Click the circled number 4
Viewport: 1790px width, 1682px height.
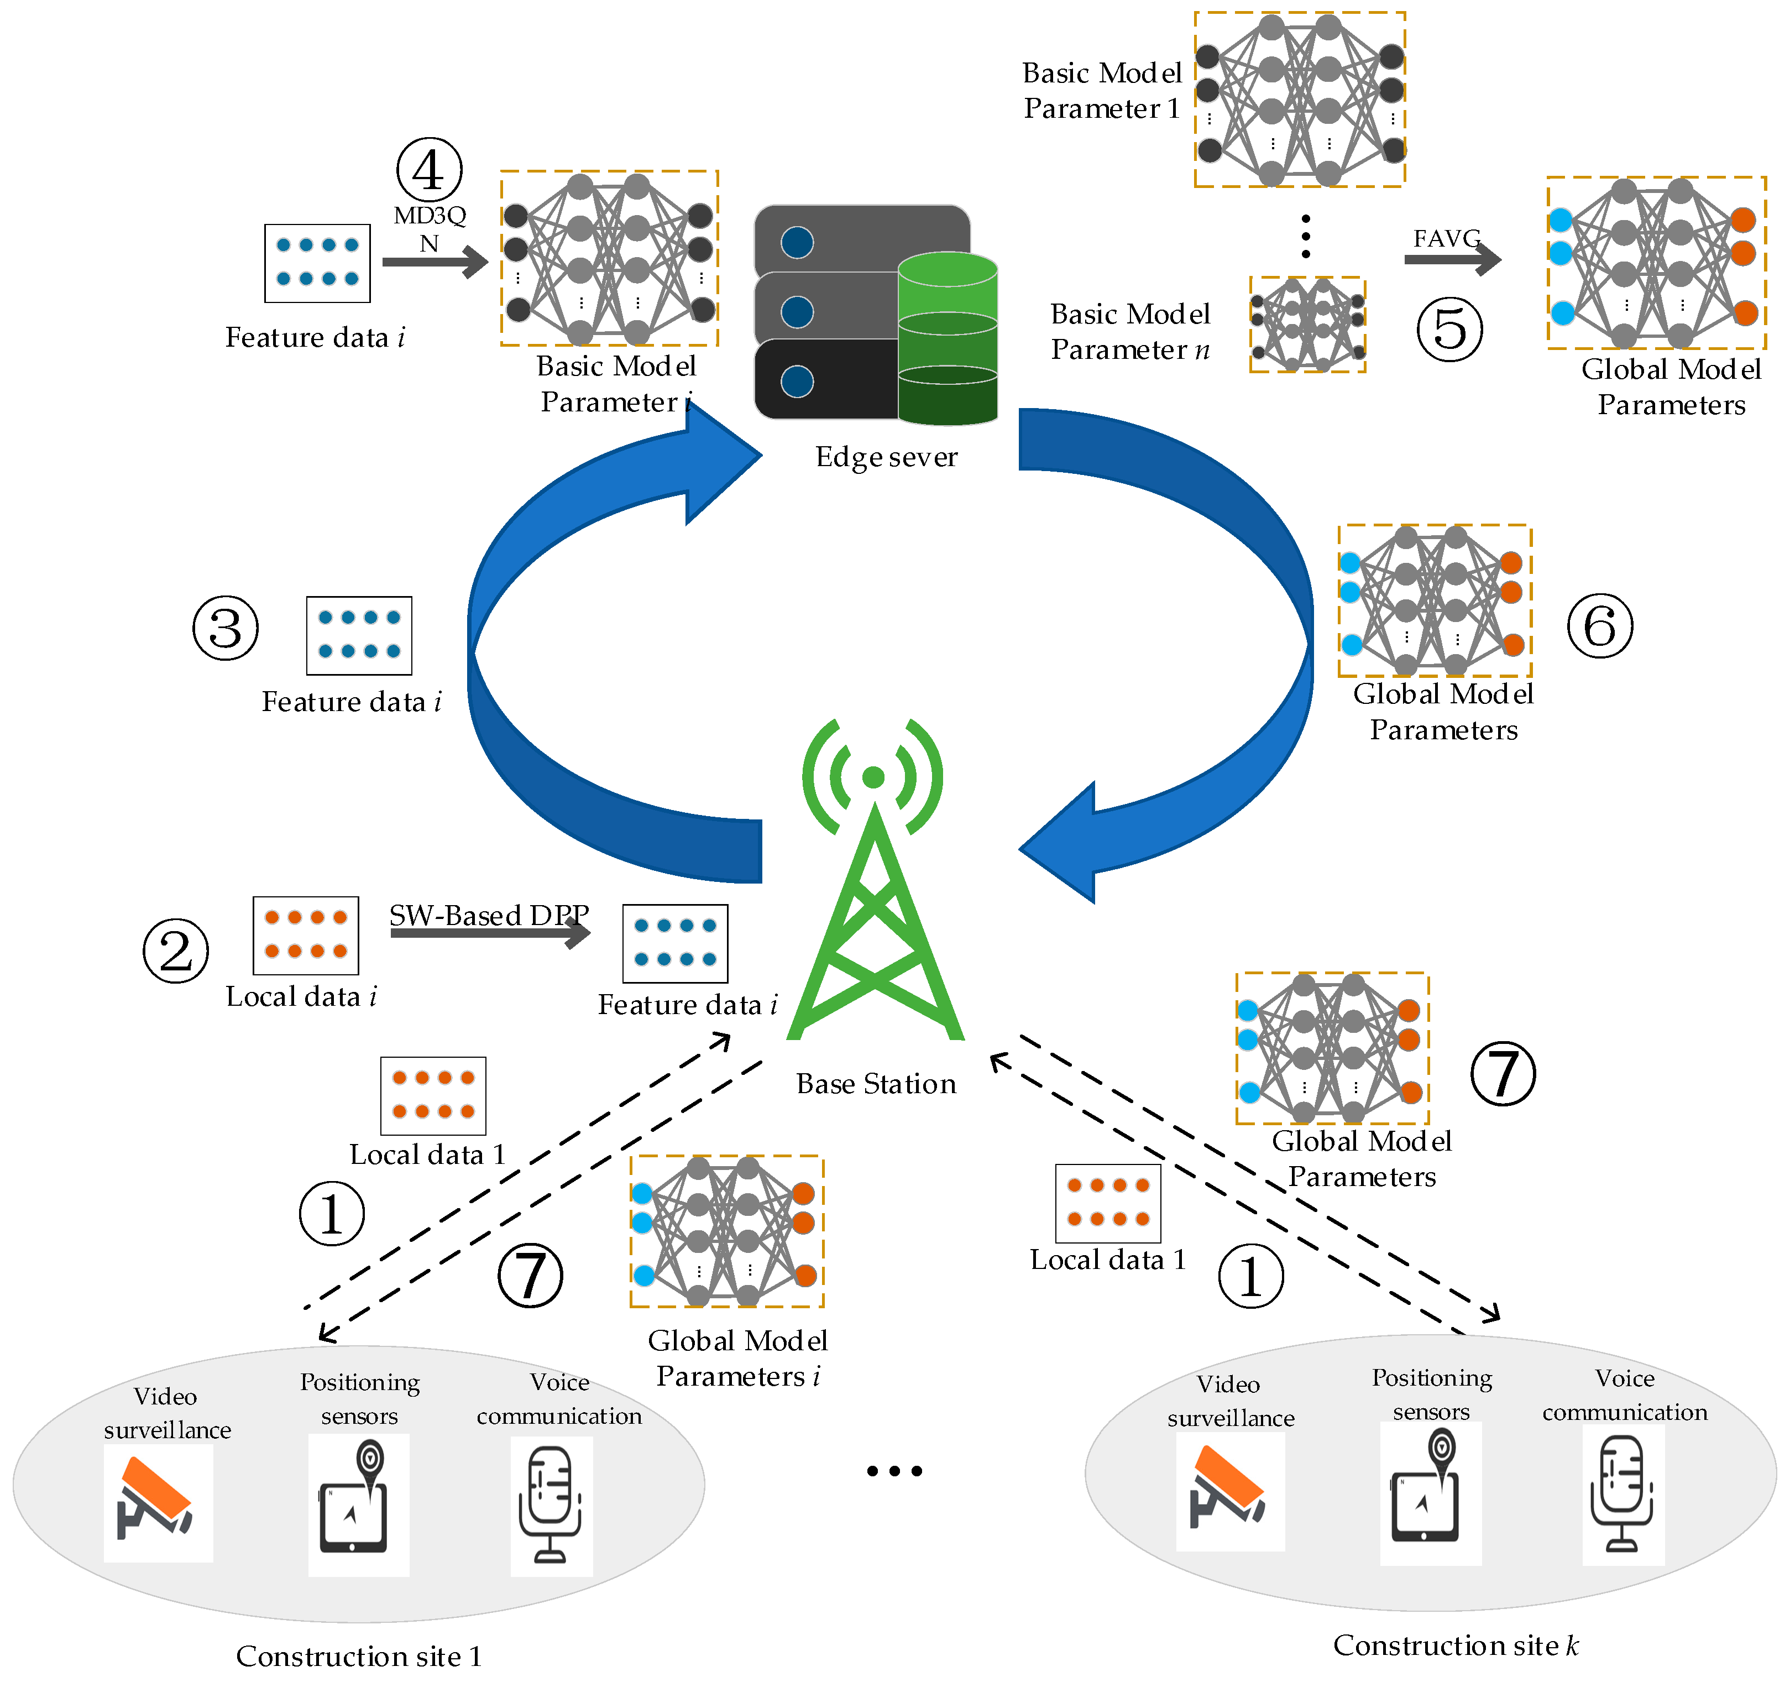coord(430,169)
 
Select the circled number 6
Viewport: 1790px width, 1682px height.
coord(1600,626)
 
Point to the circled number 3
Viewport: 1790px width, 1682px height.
coord(225,628)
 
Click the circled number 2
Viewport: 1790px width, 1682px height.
coord(176,951)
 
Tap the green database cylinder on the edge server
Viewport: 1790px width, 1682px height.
coord(947,338)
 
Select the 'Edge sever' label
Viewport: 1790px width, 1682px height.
coord(886,457)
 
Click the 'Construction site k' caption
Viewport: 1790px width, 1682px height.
coord(1455,1645)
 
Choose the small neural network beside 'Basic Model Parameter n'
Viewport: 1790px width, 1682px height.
coord(1307,324)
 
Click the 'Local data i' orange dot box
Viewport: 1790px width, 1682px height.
coord(305,936)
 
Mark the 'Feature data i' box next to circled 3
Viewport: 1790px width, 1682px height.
coord(359,636)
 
